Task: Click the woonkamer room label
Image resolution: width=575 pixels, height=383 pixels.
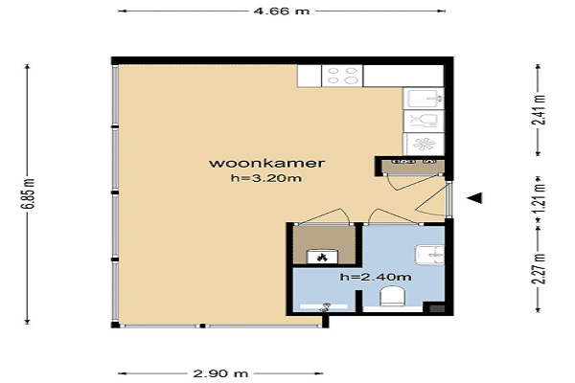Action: point(266,163)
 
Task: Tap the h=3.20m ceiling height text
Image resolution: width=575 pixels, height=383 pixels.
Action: point(266,178)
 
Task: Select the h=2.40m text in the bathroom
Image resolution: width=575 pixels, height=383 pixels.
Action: point(375,277)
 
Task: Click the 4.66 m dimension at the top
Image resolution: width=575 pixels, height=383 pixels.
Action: point(282,11)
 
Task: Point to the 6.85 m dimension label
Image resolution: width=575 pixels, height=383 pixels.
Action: point(28,193)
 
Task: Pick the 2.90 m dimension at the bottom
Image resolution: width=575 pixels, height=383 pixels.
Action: point(220,373)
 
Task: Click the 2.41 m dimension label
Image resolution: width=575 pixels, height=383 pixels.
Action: point(539,110)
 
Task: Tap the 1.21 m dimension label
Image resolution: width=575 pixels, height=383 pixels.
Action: point(539,198)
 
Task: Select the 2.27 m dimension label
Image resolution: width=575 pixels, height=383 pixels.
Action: point(539,269)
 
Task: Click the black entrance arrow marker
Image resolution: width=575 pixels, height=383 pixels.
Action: point(475,198)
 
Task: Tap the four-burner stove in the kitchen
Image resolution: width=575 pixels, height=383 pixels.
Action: point(342,76)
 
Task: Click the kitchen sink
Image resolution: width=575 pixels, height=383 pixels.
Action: point(424,99)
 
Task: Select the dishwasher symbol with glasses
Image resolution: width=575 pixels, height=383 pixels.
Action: point(424,121)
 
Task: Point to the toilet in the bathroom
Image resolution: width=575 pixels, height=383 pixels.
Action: point(392,297)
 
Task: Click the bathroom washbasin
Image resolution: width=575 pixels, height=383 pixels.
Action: point(430,255)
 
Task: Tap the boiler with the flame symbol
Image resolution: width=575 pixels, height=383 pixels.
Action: point(322,257)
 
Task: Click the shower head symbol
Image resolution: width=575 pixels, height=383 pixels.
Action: point(325,307)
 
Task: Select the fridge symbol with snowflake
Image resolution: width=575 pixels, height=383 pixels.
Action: point(424,144)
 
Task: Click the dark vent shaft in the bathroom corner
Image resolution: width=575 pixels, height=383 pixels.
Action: point(436,308)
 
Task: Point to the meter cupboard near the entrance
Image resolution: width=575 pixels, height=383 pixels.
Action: point(413,166)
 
